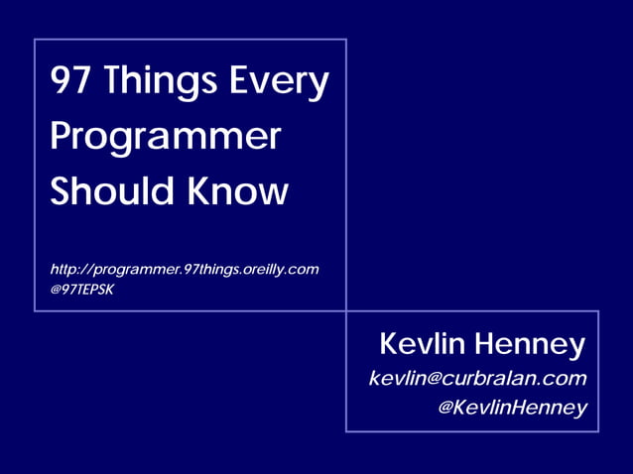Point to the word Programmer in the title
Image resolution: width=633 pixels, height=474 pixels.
165,137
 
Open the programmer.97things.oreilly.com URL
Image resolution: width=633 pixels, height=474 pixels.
185,270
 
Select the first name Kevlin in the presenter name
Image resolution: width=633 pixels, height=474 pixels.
422,345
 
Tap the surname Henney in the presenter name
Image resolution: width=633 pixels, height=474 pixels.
530,345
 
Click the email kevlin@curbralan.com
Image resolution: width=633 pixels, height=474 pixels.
477,378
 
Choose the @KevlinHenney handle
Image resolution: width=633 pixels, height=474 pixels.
512,408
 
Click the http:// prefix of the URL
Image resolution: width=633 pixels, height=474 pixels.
70,270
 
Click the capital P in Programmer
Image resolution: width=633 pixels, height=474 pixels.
62,136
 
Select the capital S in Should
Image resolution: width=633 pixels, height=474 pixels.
61,190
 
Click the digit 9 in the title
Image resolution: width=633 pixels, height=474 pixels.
61,81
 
